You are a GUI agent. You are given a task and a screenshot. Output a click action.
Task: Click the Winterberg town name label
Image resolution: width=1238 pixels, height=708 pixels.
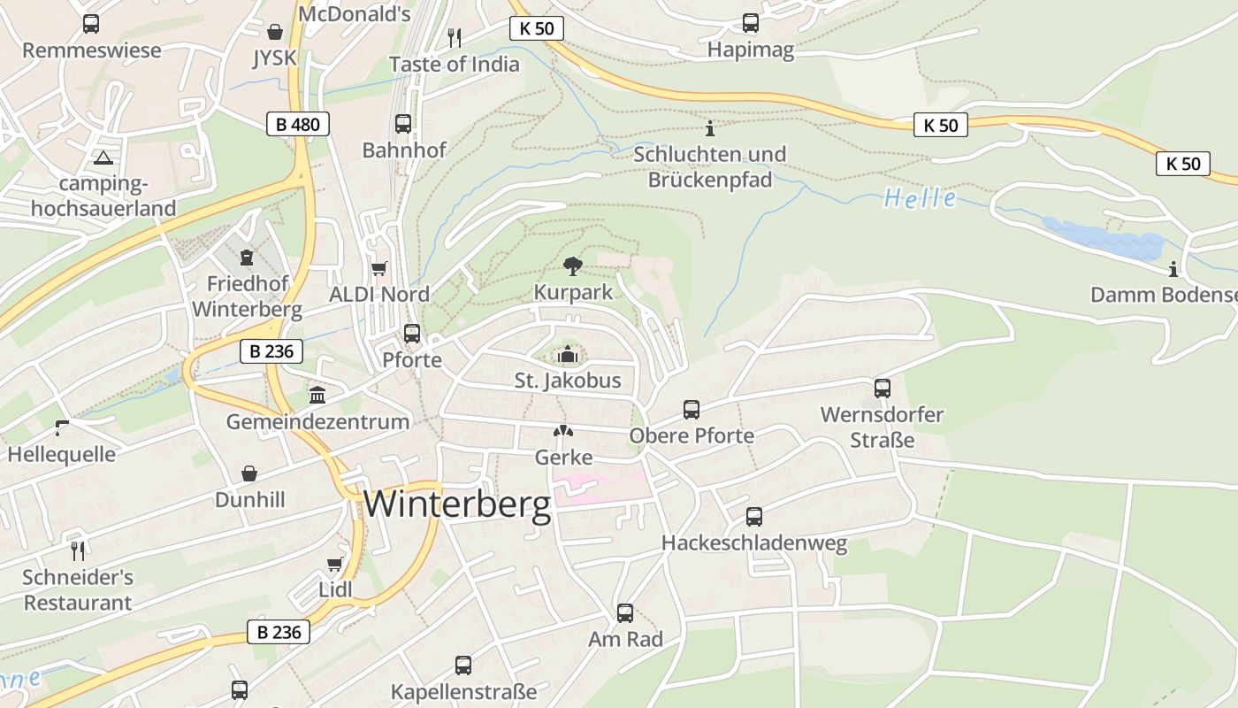click(x=457, y=504)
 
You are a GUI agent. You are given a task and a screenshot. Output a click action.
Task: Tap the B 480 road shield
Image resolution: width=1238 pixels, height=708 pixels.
click(x=298, y=125)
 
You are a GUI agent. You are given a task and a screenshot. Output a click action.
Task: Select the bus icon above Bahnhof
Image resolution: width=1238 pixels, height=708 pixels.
click(x=403, y=124)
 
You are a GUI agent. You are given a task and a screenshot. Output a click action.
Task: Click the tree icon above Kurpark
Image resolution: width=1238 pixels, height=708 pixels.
click(x=573, y=265)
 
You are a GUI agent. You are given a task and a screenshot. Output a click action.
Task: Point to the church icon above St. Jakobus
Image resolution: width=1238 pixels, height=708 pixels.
click(x=568, y=356)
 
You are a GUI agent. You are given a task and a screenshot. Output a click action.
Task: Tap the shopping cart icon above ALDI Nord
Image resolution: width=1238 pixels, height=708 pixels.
click(x=379, y=268)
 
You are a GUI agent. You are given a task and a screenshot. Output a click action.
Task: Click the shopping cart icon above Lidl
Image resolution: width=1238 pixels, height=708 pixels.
click(x=335, y=565)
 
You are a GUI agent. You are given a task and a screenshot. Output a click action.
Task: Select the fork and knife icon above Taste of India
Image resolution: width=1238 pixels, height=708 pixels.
click(x=455, y=37)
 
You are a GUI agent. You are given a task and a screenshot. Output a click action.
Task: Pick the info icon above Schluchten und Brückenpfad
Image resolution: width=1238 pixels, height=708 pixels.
click(x=709, y=128)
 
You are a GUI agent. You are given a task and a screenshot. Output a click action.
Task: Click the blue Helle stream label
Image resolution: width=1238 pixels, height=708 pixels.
click(x=920, y=198)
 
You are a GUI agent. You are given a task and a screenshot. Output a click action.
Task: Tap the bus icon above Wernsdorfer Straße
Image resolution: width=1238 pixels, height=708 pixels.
click(x=882, y=388)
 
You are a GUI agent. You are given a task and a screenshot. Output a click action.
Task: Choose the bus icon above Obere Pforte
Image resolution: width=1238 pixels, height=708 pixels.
click(x=692, y=410)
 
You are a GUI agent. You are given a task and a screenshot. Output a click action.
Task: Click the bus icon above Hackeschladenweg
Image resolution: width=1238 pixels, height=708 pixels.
click(x=754, y=517)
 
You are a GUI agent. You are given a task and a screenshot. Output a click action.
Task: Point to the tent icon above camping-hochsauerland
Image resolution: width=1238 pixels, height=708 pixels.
click(x=103, y=158)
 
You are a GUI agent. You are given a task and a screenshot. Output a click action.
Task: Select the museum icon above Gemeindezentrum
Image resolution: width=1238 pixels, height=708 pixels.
click(x=317, y=395)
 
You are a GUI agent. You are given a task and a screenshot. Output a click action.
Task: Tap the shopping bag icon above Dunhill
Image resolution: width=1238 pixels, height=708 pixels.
click(x=249, y=474)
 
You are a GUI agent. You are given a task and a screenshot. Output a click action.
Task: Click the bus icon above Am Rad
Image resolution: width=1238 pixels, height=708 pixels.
click(x=625, y=612)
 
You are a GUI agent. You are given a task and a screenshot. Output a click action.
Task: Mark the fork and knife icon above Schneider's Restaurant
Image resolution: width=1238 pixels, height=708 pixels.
click(x=78, y=551)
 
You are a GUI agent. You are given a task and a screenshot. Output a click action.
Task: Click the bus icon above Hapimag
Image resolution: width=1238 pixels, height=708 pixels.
click(x=751, y=23)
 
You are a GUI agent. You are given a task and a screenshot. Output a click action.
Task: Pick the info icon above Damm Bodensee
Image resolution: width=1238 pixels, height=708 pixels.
click(x=1173, y=269)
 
